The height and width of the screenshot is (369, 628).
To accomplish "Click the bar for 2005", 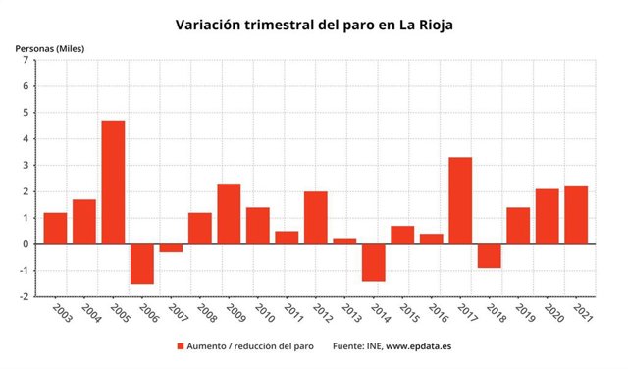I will tap(113, 183).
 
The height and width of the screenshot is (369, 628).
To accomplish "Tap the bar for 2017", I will tap(460, 200).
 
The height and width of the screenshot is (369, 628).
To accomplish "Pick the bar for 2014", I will tap(374, 262).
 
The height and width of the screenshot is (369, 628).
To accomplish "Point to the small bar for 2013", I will tap(344, 241).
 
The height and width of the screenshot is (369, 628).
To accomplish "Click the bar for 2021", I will tap(576, 215).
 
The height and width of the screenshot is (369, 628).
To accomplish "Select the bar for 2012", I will tap(316, 218).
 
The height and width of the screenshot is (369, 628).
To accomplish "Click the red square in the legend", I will tap(181, 345).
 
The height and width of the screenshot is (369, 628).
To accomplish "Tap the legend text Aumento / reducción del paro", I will tap(250, 345).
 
